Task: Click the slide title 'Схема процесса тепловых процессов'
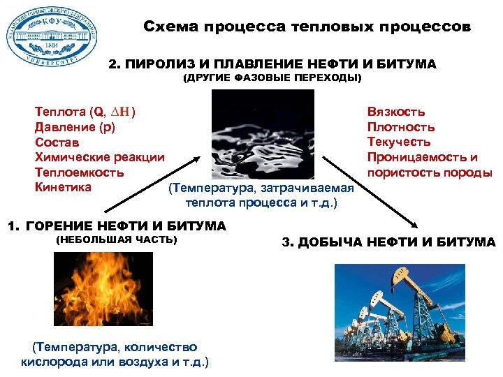coord(307,27)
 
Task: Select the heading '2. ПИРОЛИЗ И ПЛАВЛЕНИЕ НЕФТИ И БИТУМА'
coord(272,64)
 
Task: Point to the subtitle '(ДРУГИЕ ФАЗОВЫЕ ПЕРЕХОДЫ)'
coord(272,78)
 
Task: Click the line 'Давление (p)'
coord(75,127)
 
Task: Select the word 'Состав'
coord(57,142)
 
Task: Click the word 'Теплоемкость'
coord(80,172)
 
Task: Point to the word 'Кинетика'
coord(63,186)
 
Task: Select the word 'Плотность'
coord(401,127)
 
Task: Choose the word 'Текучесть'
coord(400,142)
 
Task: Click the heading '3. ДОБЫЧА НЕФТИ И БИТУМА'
coord(388,242)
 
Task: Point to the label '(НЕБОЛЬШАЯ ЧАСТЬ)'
coord(116,240)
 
